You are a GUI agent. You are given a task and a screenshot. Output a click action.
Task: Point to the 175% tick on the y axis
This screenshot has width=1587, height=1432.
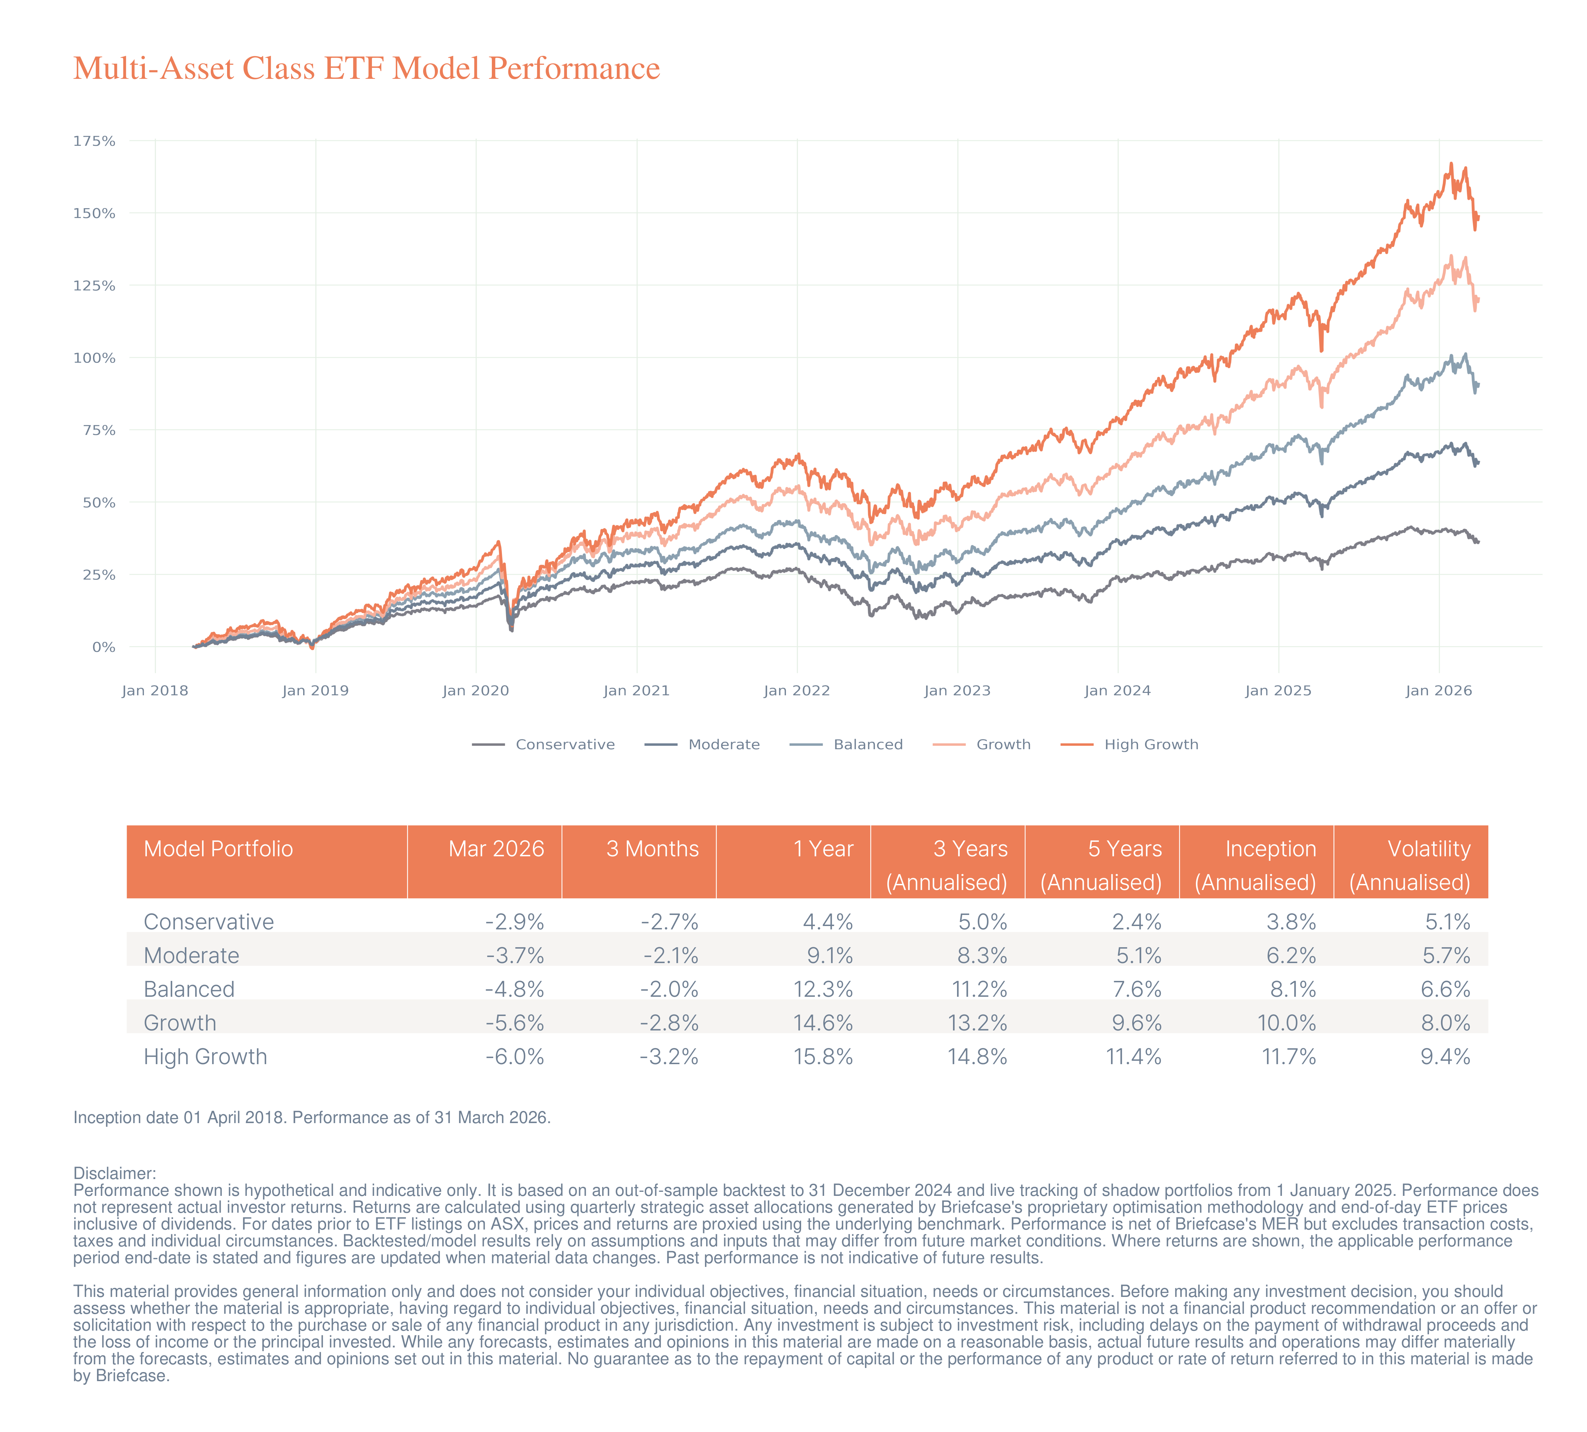[94, 141]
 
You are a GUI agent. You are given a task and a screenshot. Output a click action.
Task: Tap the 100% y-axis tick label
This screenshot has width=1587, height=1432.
[94, 358]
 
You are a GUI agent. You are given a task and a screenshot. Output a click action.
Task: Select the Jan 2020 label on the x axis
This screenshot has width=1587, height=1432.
[475, 691]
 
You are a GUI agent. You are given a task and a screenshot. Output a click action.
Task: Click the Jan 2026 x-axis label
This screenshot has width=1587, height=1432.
[1438, 691]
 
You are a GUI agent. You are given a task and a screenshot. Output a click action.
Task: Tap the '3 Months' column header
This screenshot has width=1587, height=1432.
[652, 849]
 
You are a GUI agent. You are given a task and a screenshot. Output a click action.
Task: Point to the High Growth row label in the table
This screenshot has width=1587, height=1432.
[205, 1057]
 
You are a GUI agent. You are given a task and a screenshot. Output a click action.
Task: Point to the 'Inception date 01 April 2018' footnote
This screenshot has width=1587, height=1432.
[312, 1117]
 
